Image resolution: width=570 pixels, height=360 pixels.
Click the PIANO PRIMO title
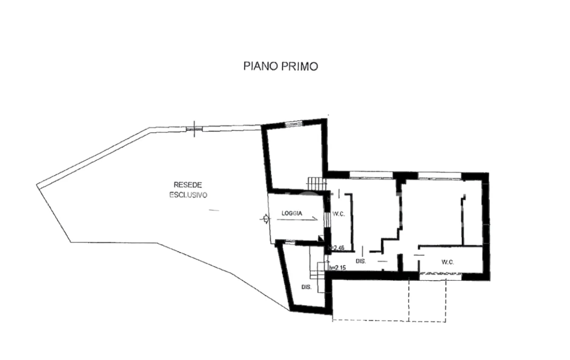[281, 66]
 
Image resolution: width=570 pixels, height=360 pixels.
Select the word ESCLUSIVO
[188, 195]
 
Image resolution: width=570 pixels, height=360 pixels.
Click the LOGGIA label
[292, 214]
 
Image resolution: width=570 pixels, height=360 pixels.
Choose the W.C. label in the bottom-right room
[448, 262]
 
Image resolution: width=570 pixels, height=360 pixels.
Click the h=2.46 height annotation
[336, 248]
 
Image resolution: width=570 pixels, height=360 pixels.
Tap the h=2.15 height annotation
[337, 268]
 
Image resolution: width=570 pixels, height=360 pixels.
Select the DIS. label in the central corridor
[360, 262]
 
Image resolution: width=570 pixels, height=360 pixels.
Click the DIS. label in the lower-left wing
[306, 287]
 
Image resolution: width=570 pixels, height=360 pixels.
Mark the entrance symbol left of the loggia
[266, 218]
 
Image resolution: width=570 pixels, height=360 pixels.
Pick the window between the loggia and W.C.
[327, 218]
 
